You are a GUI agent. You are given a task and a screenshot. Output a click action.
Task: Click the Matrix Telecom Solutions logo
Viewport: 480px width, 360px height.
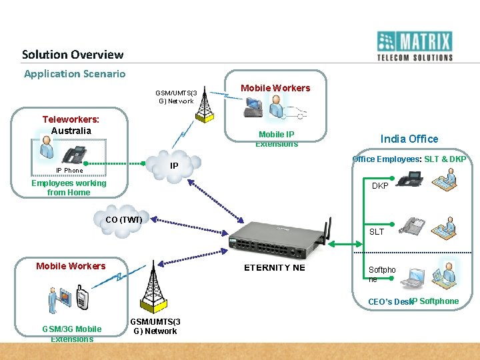tap(415, 46)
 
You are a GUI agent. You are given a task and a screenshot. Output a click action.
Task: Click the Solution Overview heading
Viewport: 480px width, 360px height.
tap(73, 55)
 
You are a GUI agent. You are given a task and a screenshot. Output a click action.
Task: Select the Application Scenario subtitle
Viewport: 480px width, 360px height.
tap(75, 74)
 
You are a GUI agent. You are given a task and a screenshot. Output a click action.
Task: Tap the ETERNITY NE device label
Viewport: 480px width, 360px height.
tap(274, 267)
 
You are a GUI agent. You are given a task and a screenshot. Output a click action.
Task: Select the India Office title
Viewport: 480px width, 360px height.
tap(409, 139)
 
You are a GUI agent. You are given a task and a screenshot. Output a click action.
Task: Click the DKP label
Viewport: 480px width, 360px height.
tap(380, 186)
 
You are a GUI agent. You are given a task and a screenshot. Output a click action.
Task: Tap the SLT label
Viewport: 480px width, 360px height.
tap(377, 232)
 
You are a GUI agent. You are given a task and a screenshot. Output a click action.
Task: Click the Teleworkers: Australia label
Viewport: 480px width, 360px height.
tap(71, 125)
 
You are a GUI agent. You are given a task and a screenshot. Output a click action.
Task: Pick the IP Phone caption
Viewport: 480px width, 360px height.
tap(69, 171)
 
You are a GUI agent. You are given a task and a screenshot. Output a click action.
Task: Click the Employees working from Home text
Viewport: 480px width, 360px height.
tap(69, 188)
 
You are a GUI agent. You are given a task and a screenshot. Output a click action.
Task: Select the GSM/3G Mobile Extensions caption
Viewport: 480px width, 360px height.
tap(72, 334)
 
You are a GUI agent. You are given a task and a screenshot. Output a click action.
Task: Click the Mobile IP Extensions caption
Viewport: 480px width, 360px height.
tap(276, 139)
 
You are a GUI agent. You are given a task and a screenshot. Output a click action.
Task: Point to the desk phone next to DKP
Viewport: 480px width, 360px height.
tap(410, 179)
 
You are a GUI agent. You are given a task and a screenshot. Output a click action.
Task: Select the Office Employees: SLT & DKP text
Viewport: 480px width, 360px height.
tap(409, 159)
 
